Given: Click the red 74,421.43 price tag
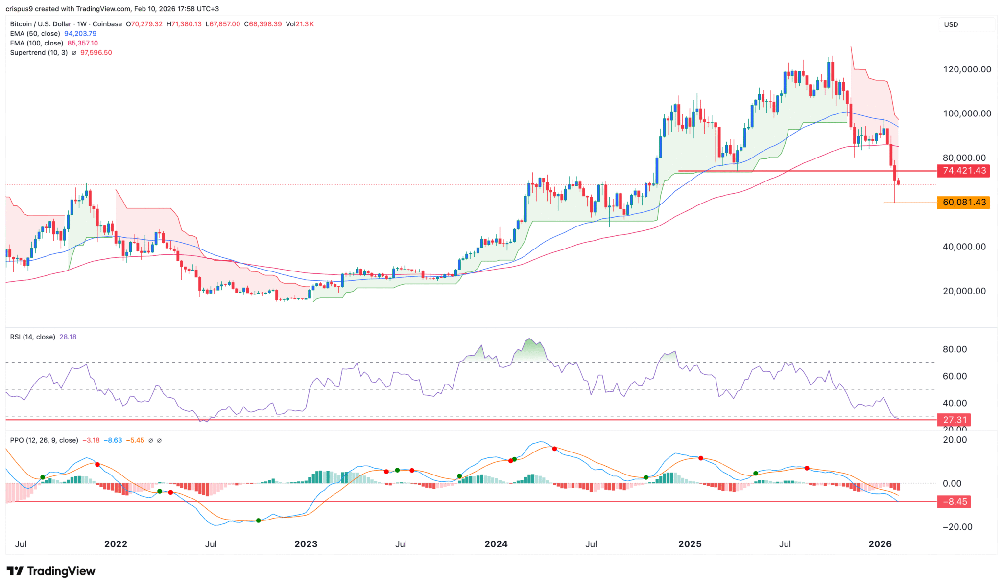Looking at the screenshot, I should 963,171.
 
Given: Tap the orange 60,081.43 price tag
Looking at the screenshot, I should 963,203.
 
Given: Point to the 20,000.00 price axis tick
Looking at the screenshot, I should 964,291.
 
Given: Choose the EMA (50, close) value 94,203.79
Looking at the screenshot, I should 80,34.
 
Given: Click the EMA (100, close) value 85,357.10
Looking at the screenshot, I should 82,43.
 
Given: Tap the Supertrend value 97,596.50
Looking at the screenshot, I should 96,53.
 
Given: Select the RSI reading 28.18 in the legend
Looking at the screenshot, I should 68,337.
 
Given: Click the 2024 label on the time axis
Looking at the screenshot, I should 496,544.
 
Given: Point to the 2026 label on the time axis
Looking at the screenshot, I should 880,544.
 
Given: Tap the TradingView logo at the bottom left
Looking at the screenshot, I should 51,571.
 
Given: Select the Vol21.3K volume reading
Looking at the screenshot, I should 300,24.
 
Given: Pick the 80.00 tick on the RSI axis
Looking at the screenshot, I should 955,349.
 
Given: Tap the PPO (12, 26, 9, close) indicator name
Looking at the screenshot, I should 44,440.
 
